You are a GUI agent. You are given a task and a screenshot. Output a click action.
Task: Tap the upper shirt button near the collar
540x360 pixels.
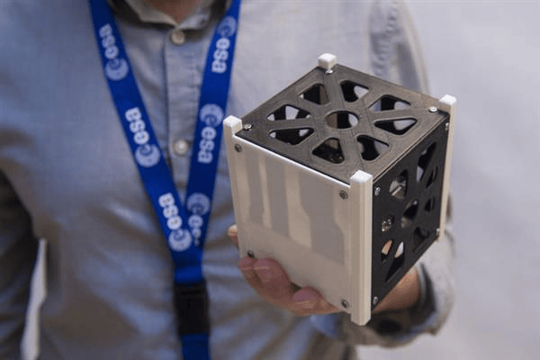point(177,37)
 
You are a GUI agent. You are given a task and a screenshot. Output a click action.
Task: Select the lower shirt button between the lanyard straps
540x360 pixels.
point(180,147)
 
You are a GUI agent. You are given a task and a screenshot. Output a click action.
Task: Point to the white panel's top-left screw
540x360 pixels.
point(238,148)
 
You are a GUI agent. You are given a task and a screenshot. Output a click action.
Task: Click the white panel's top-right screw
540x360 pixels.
point(344,194)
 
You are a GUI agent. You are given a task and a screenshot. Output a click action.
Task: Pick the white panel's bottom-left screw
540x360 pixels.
point(250,255)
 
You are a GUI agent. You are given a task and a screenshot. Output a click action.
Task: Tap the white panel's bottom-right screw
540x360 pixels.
point(345,304)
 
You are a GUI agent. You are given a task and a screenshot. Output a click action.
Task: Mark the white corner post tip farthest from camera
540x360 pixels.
point(327,60)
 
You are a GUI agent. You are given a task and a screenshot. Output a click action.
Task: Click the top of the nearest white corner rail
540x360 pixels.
point(361,178)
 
